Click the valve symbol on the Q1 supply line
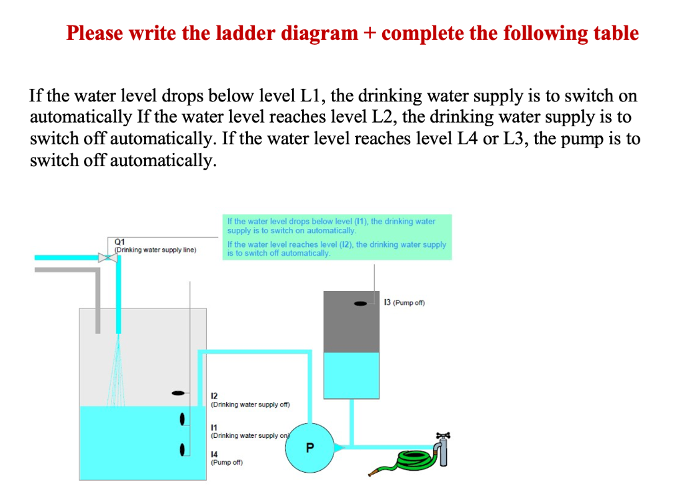point(105,258)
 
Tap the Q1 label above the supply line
point(119,242)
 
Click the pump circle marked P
point(308,447)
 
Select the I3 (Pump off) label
point(404,302)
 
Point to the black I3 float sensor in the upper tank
point(361,304)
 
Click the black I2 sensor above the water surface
point(177,393)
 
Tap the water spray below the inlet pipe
point(119,371)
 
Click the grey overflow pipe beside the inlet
point(97,300)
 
